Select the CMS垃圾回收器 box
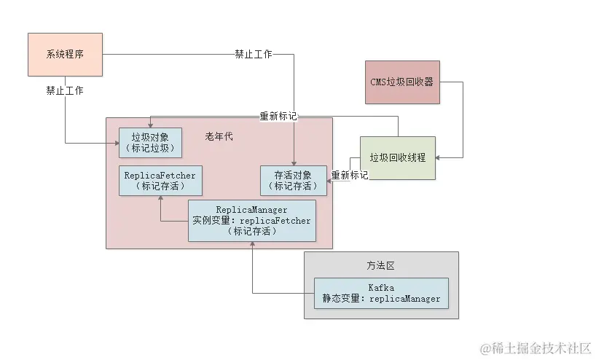[x=403, y=82]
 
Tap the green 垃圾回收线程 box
[x=397, y=157]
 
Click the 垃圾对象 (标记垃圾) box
[x=150, y=142]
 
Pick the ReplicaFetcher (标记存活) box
[x=160, y=180]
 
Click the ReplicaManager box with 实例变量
[x=252, y=221]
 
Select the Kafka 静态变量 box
[x=382, y=293]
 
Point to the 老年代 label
[x=219, y=136]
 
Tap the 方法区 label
[x=380, y=266]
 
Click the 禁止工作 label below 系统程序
[x=64, y=91]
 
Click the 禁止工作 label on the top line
[x=253, y=55]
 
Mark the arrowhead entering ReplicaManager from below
[x=252, y=246]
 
